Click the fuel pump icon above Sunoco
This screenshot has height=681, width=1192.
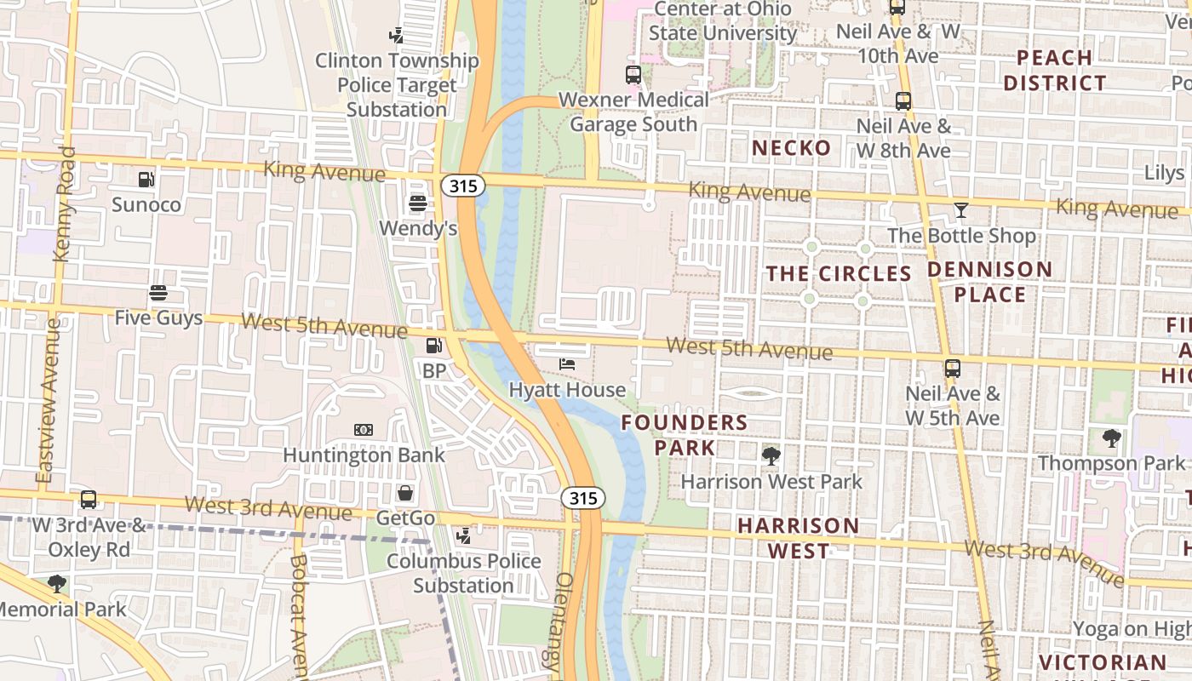coord(146,180)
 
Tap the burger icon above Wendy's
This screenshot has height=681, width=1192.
coord(417,203)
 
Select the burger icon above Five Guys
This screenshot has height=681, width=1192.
coord(158,294)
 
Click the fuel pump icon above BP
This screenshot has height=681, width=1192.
coord(433,346)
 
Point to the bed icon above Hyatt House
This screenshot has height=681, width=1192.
coord(567,364)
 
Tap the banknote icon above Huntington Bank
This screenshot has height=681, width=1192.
coord(364,430)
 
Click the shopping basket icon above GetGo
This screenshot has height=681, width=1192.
coord(405,493)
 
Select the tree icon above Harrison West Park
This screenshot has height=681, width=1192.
coord(771,456)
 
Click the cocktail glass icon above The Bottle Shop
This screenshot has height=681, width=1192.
coord(961,210)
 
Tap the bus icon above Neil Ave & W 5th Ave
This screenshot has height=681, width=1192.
coord(953,369)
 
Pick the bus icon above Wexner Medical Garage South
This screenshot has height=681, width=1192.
coord(633,75)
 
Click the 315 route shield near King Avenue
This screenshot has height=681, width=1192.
coord(463,185)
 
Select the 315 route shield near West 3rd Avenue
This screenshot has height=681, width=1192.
coord(583,498)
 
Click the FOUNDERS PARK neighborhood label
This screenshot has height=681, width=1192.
coord(685,434)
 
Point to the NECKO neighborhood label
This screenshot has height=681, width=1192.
coord(791,148)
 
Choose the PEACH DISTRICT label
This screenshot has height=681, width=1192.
coord(1054,71)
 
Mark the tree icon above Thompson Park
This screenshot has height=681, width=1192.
coord(1111,439)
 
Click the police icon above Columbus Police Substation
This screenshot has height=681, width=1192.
coord(463,536)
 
